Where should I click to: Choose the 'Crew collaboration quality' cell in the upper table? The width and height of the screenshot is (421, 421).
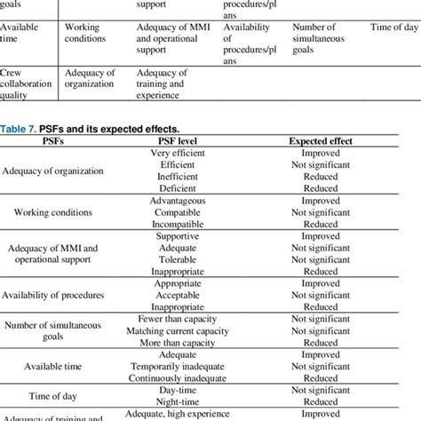pos(27,83)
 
